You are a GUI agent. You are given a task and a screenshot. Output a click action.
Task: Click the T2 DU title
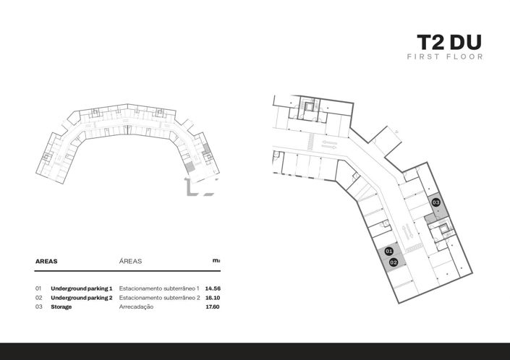449,43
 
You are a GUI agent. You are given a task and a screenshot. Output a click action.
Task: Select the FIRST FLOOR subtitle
445,56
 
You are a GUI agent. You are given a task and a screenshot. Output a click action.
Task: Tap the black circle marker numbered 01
388,251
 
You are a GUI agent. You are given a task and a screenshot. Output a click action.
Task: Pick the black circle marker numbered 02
394,262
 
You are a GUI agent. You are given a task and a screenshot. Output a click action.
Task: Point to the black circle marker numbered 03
435,202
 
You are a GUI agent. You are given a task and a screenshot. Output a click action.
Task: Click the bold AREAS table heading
46,261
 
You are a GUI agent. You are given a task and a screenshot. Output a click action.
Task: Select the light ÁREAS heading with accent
130,261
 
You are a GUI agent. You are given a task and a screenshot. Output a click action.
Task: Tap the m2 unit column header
216,260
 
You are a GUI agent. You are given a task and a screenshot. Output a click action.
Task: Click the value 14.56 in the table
213,288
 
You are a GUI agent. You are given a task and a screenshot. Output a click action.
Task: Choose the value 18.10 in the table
213,298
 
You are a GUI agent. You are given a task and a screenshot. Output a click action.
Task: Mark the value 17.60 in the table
213,307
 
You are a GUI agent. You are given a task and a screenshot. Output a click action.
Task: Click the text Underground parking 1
82,288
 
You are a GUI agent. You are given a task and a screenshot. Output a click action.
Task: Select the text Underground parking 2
82,298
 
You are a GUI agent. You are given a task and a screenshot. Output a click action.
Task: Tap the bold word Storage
61,307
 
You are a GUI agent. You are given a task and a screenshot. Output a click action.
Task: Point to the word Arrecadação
136,307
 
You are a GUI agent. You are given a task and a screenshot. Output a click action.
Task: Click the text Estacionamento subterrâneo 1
159,288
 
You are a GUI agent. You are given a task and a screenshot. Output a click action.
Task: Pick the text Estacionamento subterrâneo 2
159,298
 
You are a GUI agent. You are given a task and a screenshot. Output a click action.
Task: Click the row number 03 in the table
39,307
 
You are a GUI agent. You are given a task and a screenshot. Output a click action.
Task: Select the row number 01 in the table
38,288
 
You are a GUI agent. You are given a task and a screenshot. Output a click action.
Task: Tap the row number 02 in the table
39,298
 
